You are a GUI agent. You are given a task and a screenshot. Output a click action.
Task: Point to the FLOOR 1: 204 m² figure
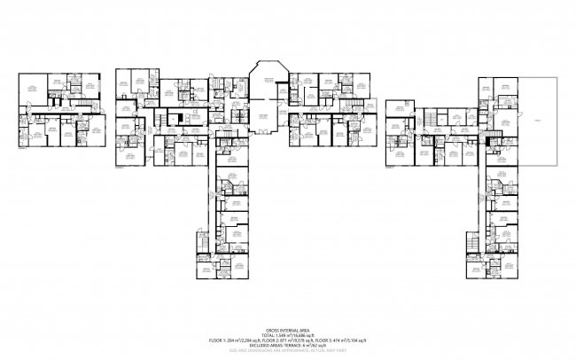(x=229, y=340)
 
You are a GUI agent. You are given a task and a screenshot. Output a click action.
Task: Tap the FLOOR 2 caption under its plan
(x=121, y=167)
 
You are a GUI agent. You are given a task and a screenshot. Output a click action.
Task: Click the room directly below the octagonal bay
(x=265, y=116)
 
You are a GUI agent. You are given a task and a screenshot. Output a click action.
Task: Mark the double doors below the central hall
(x=265, y=132)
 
